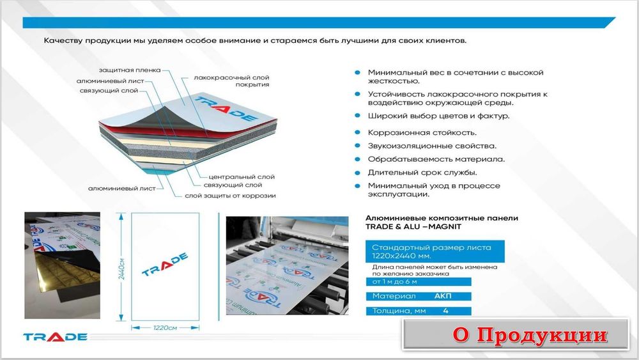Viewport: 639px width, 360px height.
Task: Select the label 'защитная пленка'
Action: pos(129,69)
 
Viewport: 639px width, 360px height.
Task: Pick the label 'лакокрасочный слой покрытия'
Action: pos(231,81)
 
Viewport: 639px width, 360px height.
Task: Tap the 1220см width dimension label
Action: pos(166,328)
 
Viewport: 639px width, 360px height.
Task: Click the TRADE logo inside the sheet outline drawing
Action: pos(165,264)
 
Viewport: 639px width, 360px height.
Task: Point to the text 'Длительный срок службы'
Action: pos(422,172)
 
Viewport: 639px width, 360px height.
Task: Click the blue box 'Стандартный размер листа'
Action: pos(435,251)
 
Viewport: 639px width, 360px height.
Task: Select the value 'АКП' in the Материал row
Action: pos(443,296)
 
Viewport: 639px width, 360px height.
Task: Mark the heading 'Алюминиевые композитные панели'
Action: pos(442,218)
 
